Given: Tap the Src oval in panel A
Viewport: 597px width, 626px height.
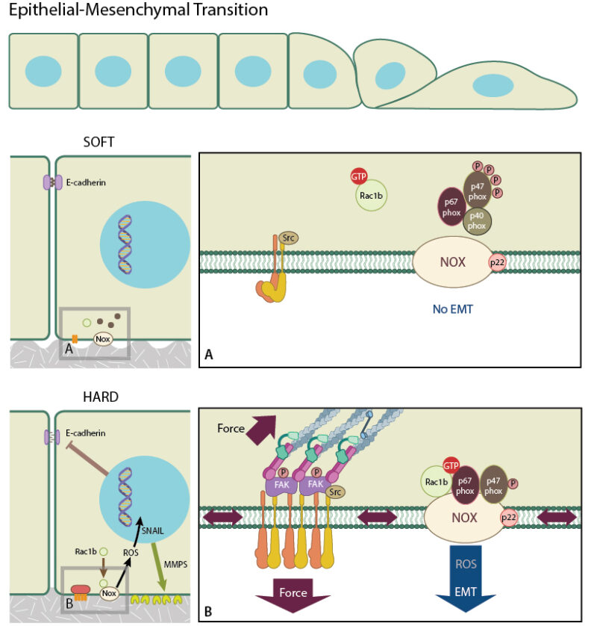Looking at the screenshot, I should coord(287,238).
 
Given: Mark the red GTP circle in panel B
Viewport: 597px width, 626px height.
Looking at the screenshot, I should coord(450,465).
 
